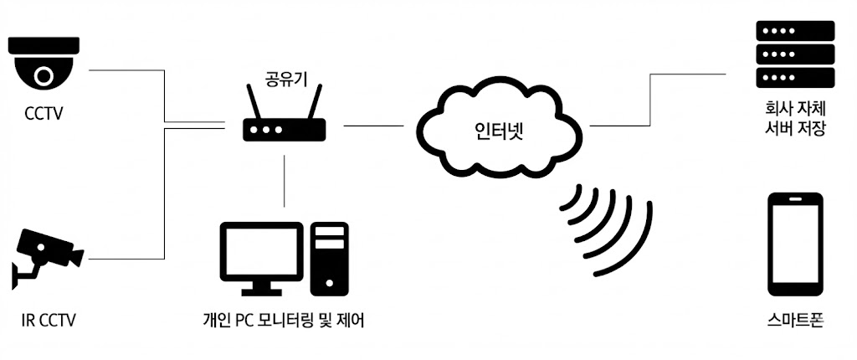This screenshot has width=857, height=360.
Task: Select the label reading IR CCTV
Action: pos(49,320)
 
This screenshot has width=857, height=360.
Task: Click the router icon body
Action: pos(284,130)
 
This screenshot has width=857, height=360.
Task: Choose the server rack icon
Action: pos(794,54)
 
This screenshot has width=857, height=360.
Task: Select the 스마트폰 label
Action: pos(794,320)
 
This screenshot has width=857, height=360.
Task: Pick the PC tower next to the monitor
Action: pos(329,258)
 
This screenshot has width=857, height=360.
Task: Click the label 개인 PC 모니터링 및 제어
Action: pos(284,320)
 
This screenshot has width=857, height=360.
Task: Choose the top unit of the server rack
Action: pos(794,32)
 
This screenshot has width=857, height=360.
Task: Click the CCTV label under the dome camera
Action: pos(44,111)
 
